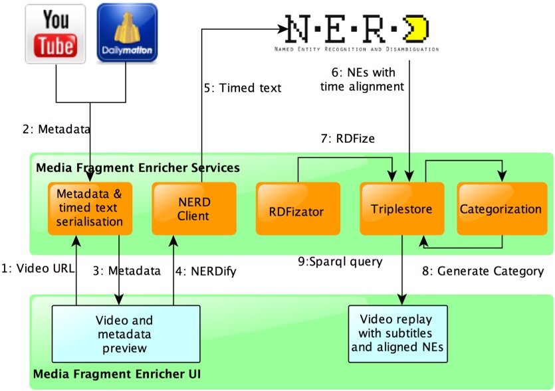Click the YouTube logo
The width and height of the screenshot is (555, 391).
(x=56, y=34)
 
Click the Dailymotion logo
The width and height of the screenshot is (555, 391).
(x=127, y=34)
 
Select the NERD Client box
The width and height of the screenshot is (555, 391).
(x=193, y=208)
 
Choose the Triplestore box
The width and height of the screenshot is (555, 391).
(x=401, y=208)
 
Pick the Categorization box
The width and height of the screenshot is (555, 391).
(x=500, y=208)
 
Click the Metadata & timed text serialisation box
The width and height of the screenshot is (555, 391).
(x=90, y=208)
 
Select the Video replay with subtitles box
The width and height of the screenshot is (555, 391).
(x=398, y=333)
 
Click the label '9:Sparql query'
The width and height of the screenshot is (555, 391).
(x=340, y=262)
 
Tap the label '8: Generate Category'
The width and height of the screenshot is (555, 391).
(x=483, y=271)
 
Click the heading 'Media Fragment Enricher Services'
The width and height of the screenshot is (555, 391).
(x=138, y=168)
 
